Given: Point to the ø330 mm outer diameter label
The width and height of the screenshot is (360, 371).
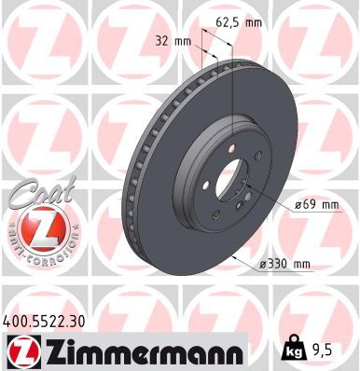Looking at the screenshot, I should tap(288, 264).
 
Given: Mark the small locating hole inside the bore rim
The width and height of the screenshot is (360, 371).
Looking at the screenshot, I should tap(236, 195).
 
